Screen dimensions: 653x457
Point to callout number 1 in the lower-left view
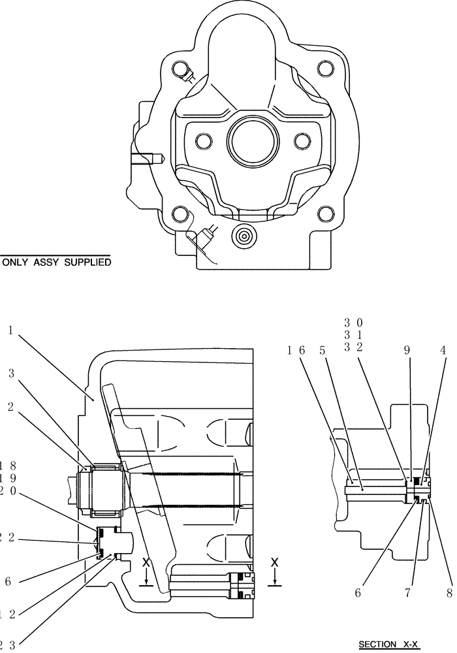(x=11, y=331)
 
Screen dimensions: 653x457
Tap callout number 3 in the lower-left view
(x=11, y=374)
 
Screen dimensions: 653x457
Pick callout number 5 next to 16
(x=323, y=350)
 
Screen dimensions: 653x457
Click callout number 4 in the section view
(x=443, y=350)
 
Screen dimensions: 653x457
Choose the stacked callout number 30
(x=353, y=323)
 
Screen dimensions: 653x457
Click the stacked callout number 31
(x=353, y=335)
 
